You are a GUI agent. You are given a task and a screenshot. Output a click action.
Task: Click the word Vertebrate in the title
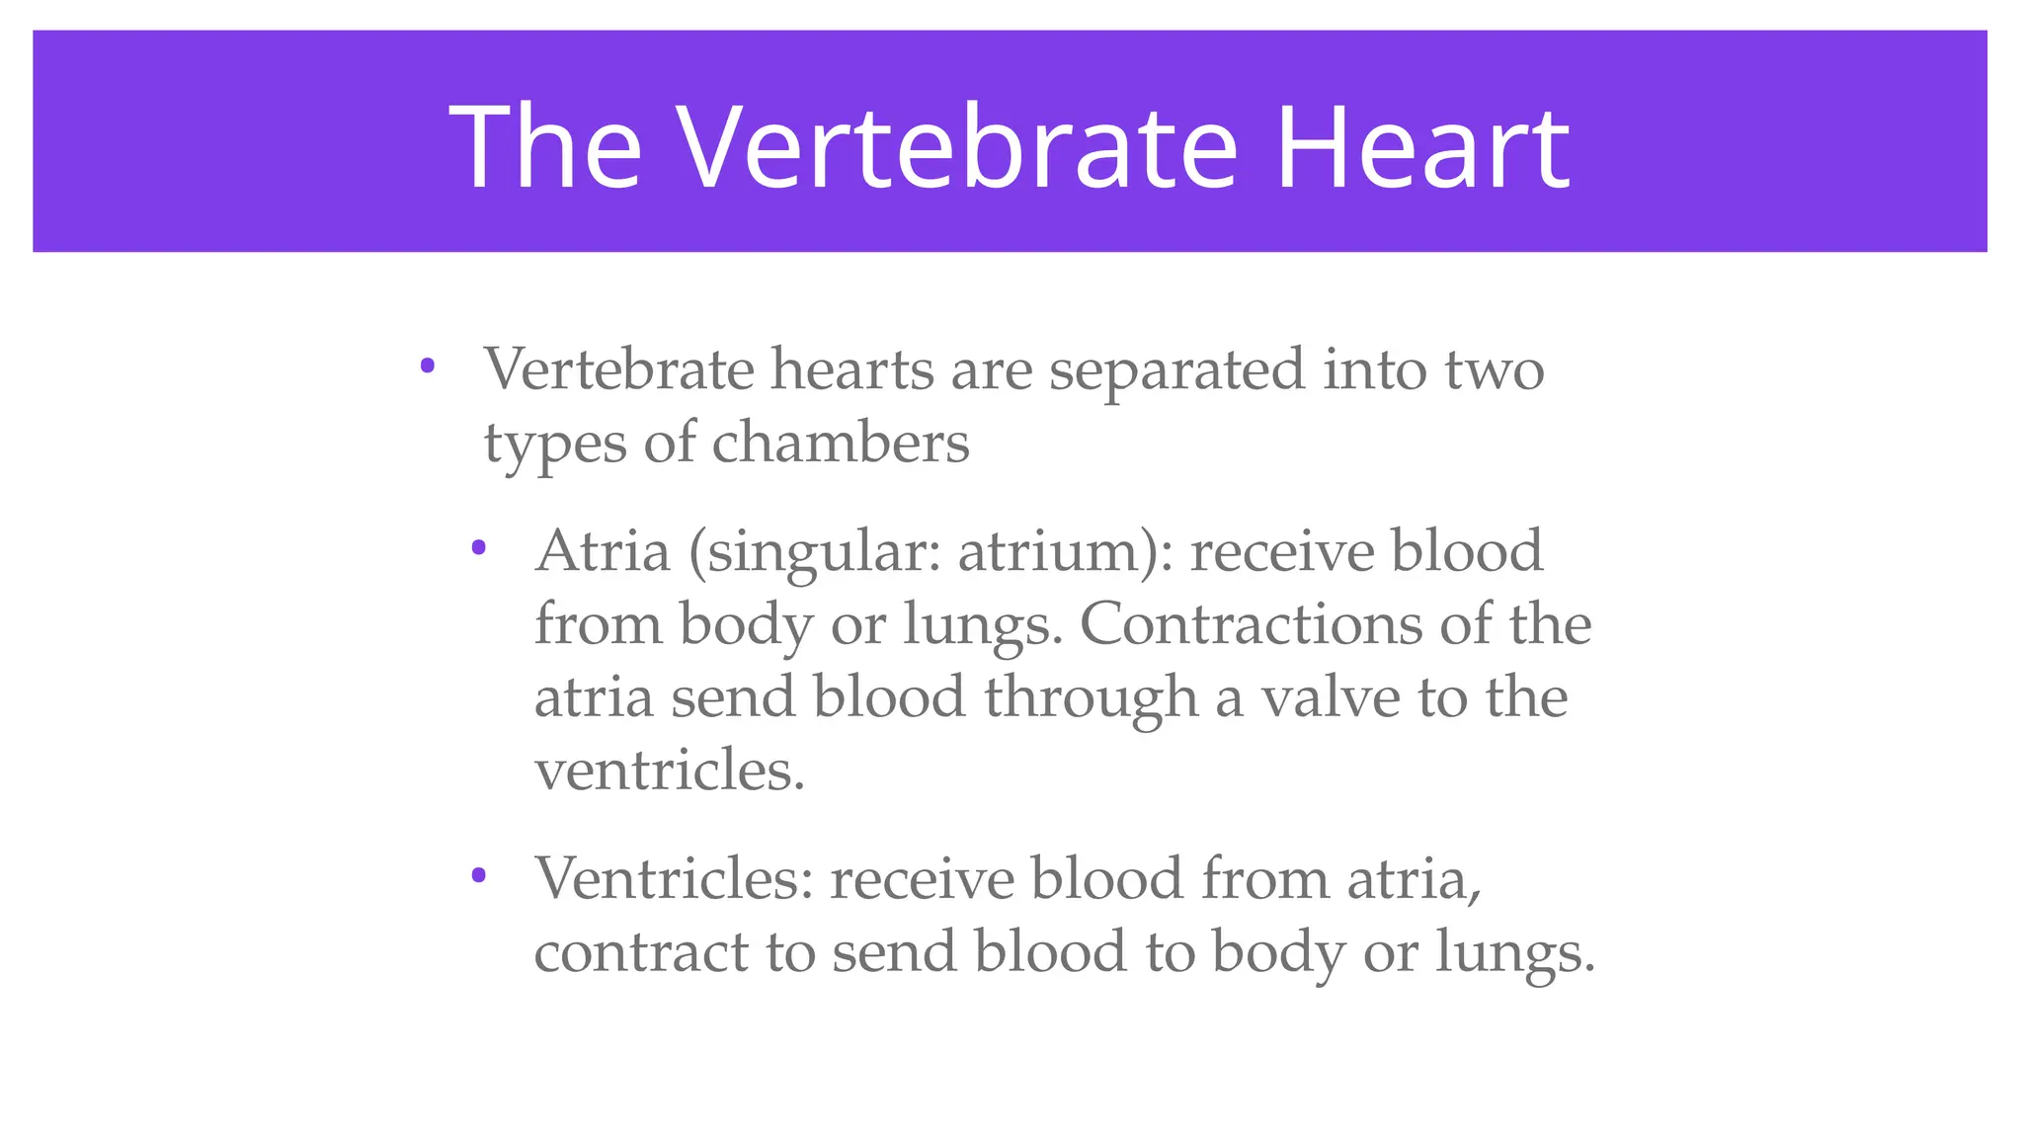[x=957, y=147]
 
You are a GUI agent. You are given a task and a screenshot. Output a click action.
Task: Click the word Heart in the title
[x=1422, y=147]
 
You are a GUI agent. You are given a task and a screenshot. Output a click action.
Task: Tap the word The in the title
[x=546, y=147]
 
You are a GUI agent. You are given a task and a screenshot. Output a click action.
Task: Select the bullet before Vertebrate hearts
[x=428, y=366]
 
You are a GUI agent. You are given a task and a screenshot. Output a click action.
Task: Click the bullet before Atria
[x=479, y=547]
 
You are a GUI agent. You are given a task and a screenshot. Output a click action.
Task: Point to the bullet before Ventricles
[x=479, y=874]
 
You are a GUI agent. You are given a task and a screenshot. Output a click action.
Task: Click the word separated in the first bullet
[x=1176, y=371]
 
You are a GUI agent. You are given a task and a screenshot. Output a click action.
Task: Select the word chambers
[x=841, y=444]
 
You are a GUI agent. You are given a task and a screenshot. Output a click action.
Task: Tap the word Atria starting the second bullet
[x=603, y=551]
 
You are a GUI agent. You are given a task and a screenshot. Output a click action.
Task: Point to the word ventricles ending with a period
[x=670, y=771]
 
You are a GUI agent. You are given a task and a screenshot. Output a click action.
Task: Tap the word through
[x=1091, y=699]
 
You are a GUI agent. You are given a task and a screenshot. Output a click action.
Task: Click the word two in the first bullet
[x=1495, y=371]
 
